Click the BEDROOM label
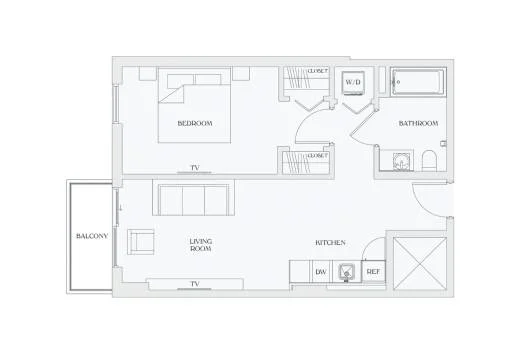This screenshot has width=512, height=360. pos(195,123)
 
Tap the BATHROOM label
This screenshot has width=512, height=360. pos(418,123)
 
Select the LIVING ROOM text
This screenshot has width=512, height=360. pos(201,245)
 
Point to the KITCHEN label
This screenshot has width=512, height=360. pos(330,243)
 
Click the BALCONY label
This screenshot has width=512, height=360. pos(92,236)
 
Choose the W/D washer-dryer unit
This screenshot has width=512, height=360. pos(353,82)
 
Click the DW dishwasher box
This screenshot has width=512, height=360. pos(321,272)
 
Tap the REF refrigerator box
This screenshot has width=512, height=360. pos(373,272)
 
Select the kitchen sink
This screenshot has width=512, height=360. pos(347,272)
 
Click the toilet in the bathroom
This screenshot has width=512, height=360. pos(429,161)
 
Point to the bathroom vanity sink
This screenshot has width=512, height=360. pos(401,162)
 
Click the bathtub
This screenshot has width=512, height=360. pos(418,82)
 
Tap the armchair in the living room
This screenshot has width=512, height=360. pos(141,242)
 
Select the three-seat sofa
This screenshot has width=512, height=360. pos(194,200)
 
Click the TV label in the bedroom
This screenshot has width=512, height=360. pos(195,168)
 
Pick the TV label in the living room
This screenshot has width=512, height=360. pos(195,284)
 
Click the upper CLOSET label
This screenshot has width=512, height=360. pos(318,71)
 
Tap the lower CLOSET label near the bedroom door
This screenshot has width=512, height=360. pos(318,156)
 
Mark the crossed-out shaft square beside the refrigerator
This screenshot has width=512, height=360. pos(420,264)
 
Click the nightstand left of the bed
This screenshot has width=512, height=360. pos(148,74)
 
